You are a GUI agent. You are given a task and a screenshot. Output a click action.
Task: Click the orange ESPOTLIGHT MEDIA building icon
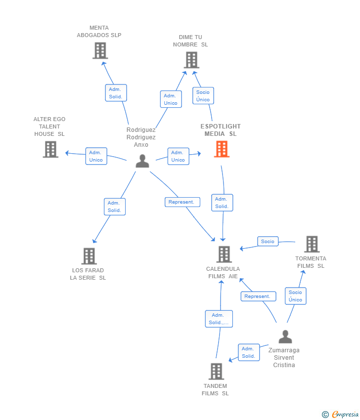222,149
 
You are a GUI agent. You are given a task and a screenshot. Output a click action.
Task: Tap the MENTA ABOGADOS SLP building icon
100,51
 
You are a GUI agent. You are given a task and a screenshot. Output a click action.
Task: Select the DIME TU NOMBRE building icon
192,60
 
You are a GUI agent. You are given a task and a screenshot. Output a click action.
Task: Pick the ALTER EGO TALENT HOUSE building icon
50,149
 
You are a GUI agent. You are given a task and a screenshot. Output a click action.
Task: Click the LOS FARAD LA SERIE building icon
89,256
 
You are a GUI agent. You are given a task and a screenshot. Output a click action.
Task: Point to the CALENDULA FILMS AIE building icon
224,254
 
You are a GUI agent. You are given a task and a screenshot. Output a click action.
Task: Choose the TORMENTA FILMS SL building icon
312,244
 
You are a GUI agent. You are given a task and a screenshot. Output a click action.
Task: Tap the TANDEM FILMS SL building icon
216,371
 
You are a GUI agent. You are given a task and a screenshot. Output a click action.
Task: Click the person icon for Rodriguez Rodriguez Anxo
142,161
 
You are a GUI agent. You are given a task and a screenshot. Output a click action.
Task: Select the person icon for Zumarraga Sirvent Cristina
285,336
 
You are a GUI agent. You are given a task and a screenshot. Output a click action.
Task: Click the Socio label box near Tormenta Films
268,241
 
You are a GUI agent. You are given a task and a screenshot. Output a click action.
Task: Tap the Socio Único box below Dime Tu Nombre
203,96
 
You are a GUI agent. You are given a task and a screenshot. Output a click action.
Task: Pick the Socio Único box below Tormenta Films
296,296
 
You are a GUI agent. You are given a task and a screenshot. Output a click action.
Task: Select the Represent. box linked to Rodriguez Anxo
182,202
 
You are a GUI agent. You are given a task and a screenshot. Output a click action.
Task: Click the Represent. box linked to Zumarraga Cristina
259,296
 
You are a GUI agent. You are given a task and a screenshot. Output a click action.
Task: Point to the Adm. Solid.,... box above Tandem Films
219,319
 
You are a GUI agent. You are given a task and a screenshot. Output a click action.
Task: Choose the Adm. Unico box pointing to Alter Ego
96,156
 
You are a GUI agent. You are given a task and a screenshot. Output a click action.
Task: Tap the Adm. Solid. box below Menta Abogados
116,93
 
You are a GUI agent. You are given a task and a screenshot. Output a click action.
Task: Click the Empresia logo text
345,414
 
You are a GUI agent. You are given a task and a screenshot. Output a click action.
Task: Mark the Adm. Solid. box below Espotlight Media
222,203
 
